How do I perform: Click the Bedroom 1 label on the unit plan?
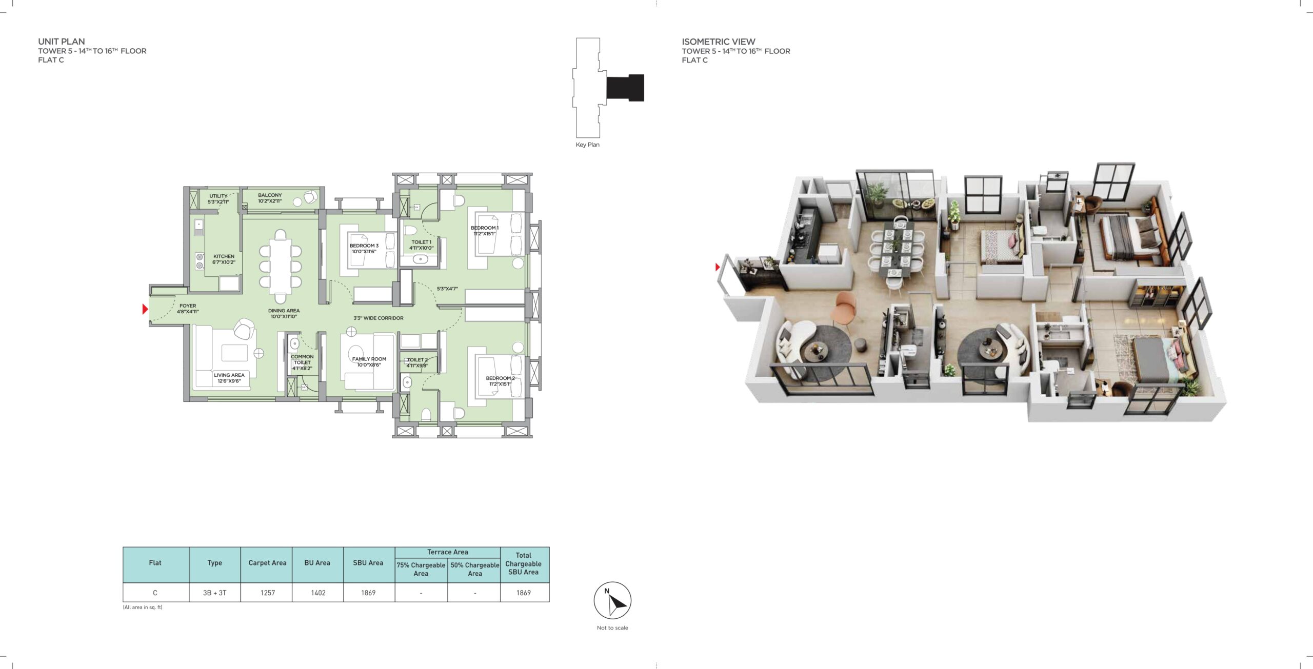pos(485,231)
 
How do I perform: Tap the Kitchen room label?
pos(224,259)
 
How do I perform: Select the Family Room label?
pos(369,362)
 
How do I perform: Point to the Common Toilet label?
pos(302,362)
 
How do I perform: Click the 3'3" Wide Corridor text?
pos(379,318)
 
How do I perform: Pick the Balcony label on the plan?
pos(270,198)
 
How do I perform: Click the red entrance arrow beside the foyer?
pos(145,309)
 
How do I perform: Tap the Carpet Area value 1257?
pos(267,593)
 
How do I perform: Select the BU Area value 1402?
pos(318,593)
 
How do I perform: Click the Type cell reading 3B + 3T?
pos(214,593)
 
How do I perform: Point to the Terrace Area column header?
pos(447,552)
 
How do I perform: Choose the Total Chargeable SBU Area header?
pos(523,563)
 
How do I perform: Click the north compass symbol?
pos(612,600)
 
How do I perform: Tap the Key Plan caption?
pos(587,145)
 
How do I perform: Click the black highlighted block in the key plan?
pos(625,88)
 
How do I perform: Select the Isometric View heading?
pos(718,42)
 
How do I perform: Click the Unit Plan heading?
pos(62,42)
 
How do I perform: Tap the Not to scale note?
pos(612,628)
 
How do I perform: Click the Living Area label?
pos(229,378)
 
